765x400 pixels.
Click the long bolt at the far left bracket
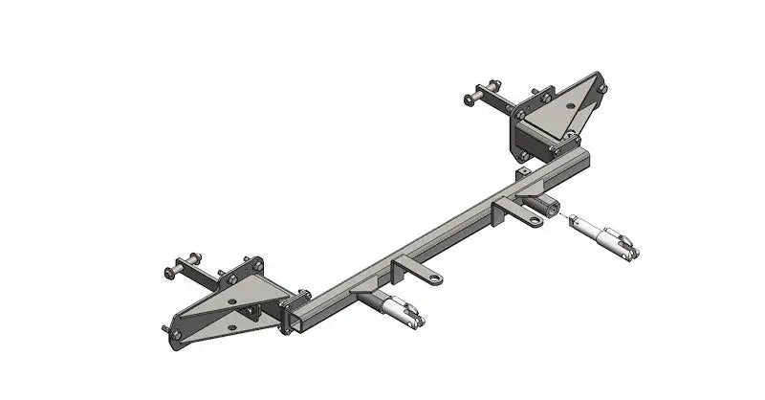pos(183,267)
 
